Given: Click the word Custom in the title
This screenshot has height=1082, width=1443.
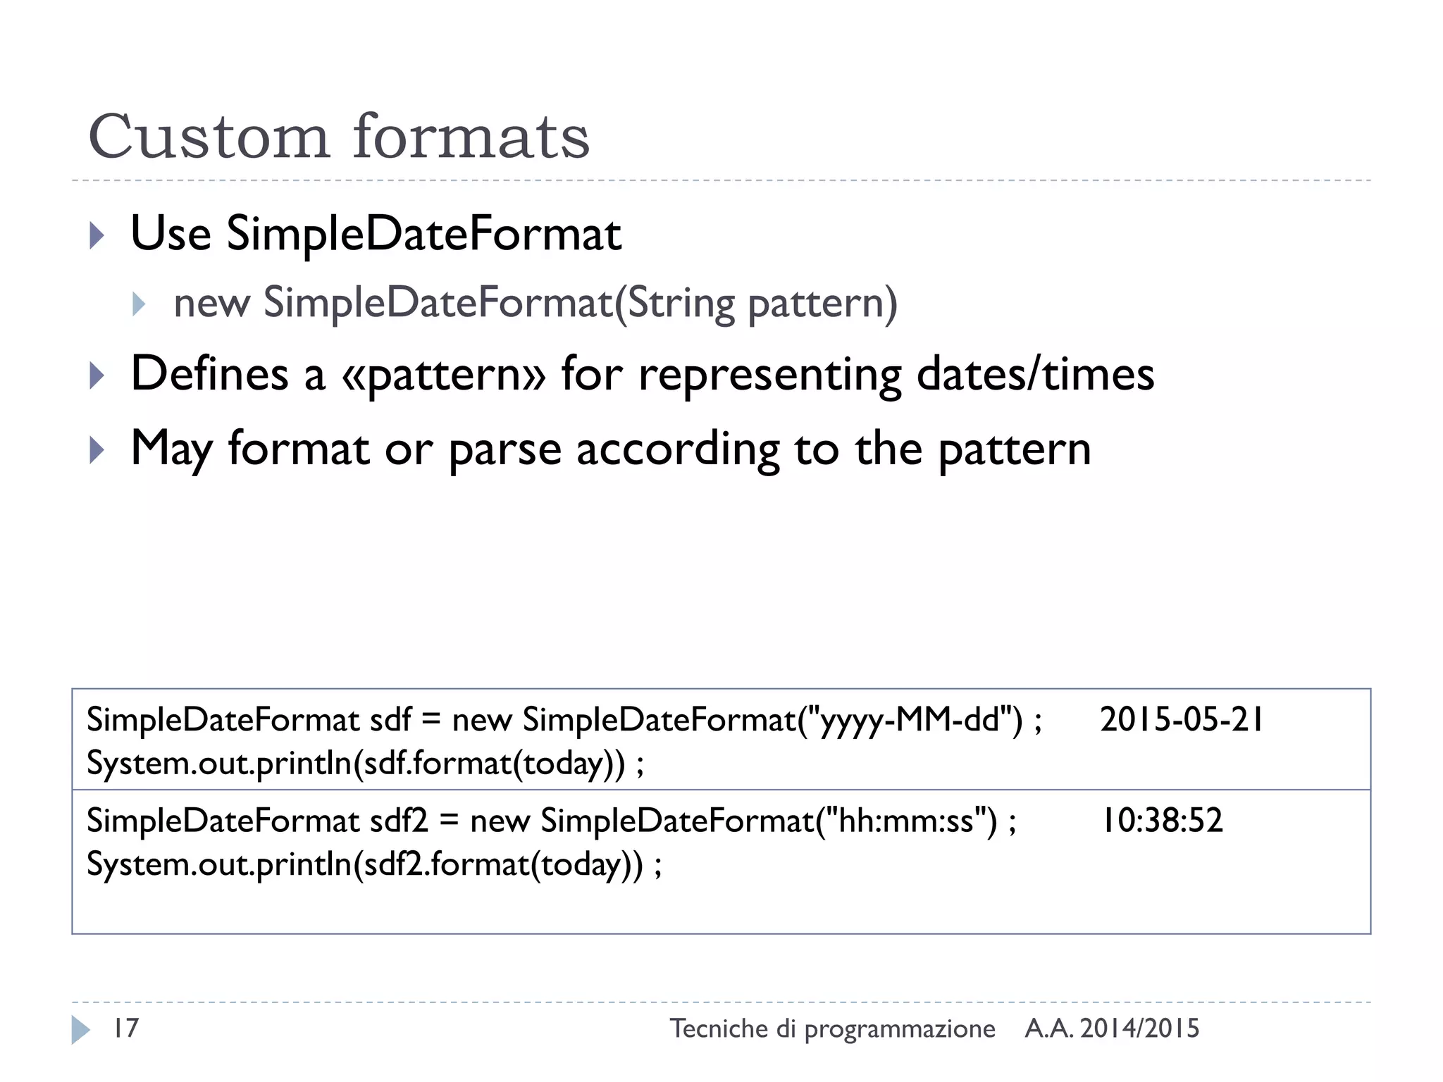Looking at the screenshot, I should click(209, 137).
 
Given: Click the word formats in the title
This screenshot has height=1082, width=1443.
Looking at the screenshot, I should click(471, 137).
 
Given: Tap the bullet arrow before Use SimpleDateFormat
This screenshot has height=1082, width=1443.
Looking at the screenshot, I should click(97, 235).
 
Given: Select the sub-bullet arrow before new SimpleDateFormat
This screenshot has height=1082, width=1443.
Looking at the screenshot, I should click(139, 304).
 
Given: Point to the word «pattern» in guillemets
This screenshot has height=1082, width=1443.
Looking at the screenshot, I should click(443, 374).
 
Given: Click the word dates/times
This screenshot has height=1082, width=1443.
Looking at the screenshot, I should click(1035, 374).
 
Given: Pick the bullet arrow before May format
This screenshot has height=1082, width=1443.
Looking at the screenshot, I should click(97, 450).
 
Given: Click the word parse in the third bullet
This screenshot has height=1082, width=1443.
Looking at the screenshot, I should click(504, 450).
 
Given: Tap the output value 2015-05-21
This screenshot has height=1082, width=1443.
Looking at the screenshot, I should click(1182, 720).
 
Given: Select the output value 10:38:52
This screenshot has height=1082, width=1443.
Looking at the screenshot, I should click(1161, 821).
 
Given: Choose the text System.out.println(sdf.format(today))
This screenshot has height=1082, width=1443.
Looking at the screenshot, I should click(356, 764).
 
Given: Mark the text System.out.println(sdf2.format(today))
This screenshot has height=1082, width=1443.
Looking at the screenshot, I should click(365, 864).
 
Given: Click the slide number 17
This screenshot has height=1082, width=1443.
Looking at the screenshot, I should click(126, 1028).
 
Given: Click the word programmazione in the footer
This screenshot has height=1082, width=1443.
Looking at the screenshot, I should click(900, 1030).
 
